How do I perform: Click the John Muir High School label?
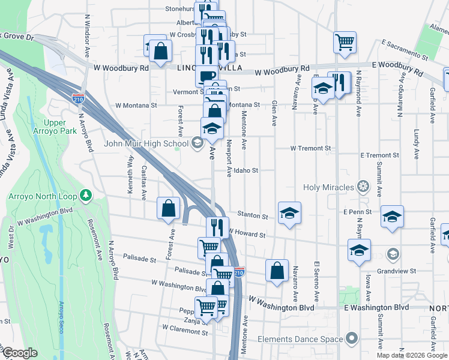tap(146, 143)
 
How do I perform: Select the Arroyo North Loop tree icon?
tap(86, 194)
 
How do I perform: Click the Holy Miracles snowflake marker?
tap(362, 187)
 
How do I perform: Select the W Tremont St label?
tap(310, 148)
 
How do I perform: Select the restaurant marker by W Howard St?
tap(217, 228)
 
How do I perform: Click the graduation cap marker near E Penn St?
tap(393, 217)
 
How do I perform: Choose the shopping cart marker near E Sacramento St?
tap(345, 42)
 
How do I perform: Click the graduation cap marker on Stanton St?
tap(289, 214)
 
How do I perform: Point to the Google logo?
tap(20, 353)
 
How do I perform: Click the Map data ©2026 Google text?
tap(412, 355)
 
